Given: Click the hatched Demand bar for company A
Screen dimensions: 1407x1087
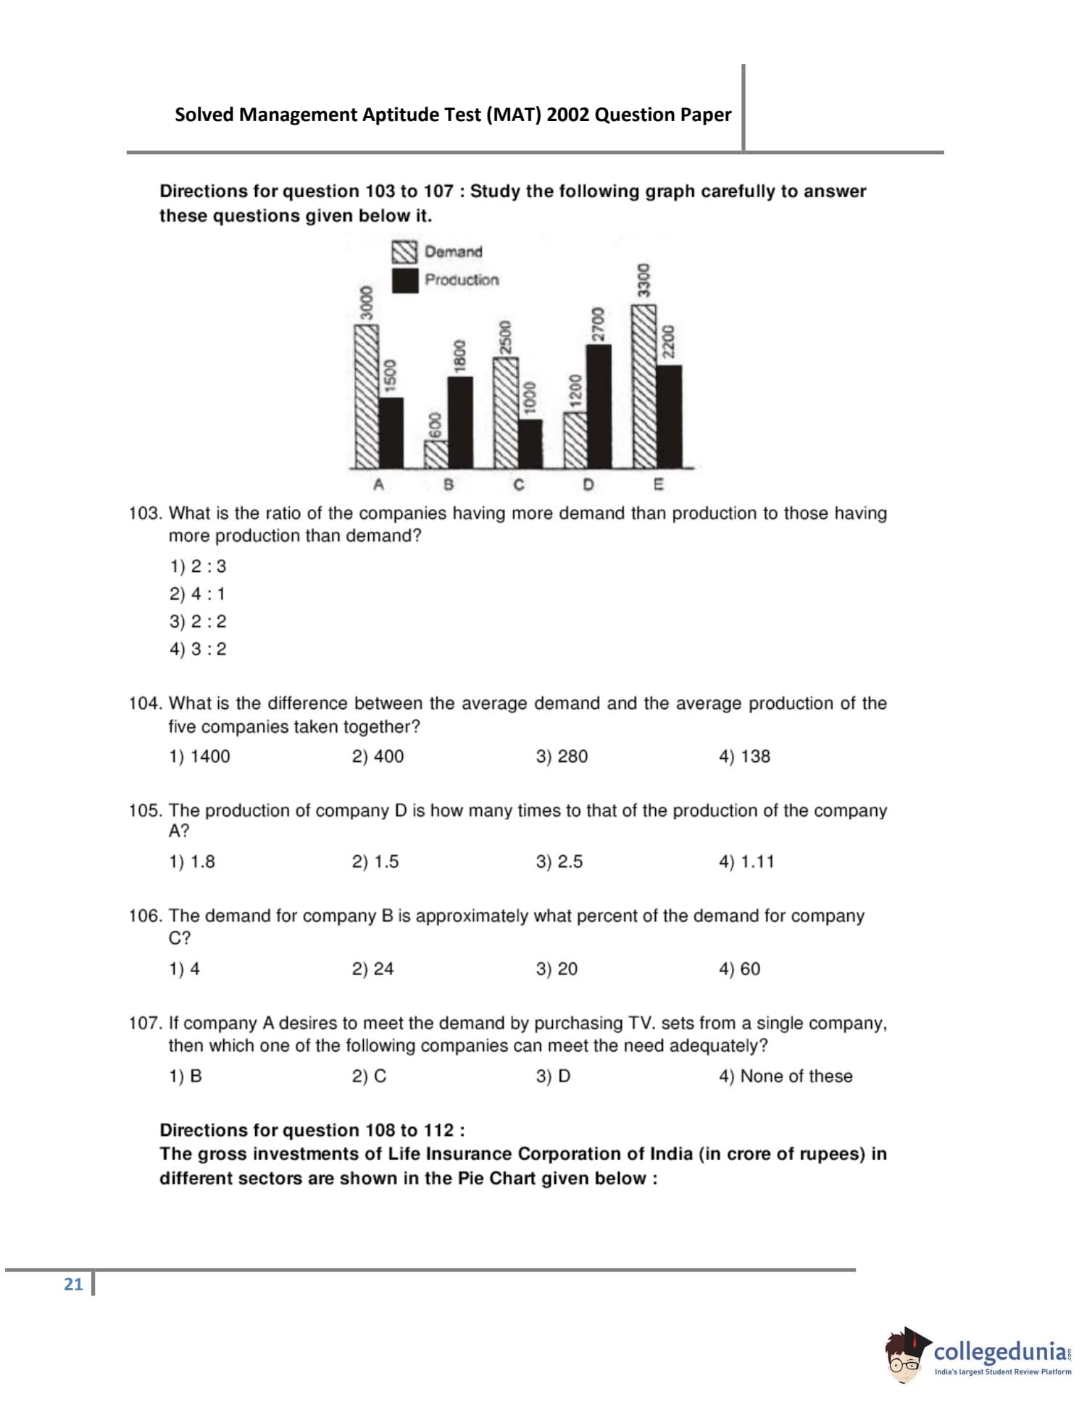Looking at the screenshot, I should coord(366,396).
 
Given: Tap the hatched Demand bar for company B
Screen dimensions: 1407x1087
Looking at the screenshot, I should coord(436,454).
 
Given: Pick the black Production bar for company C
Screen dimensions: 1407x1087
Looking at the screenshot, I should coord(530,444).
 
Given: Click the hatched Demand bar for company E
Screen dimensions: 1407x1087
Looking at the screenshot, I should coord(644,386).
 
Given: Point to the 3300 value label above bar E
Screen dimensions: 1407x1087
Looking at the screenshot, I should coord(643,281).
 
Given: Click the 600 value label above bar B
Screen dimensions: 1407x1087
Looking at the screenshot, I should coord(435,425).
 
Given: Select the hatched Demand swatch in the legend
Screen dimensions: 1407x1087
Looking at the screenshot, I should coord(404,252).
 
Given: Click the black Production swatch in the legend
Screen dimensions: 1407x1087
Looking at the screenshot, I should coord(404,281).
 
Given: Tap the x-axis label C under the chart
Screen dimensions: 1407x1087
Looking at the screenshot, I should coord(518,484).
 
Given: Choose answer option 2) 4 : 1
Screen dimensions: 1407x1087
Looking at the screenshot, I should coord(198,594).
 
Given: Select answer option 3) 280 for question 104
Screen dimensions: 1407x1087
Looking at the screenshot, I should coord(562,756).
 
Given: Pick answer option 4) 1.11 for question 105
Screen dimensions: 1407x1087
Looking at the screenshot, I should coord(746,862).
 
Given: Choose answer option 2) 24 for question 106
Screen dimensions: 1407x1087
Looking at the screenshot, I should coord(372,969).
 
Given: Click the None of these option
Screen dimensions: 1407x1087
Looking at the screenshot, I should coord(786,1076).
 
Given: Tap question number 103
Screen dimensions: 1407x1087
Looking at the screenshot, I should coord(144,513).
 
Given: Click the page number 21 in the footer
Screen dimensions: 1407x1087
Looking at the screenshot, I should coord(73,1284).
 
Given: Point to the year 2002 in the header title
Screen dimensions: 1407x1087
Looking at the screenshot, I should coord(568,115).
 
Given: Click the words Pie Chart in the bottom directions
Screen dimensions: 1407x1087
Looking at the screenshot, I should coord(496,1178).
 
